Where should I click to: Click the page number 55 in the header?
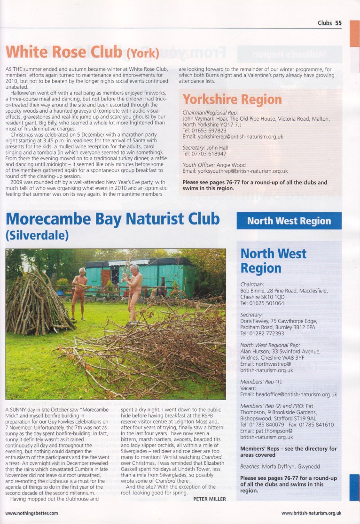point(338,23)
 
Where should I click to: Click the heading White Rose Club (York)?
point(82,52)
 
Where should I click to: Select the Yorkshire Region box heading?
point(232,99)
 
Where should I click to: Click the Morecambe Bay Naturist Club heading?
point(112,219)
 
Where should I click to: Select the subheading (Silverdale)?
point(37,235)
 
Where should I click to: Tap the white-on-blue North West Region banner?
point(289,221)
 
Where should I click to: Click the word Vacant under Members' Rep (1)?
point(248,388)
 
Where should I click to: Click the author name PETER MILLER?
point(210,499)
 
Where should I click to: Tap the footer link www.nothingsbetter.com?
point(31,513)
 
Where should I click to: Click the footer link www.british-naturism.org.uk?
point(311,513)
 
